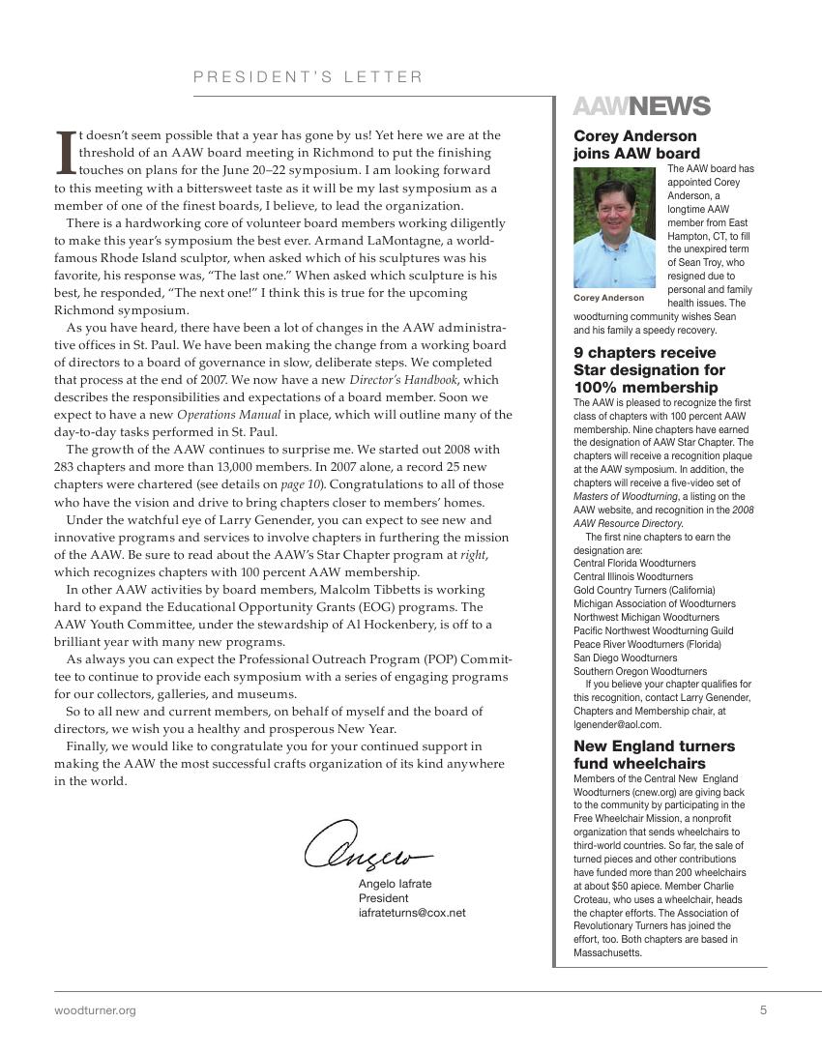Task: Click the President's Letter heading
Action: point(308,77)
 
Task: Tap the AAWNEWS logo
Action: point(641,106)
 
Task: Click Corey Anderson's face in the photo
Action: point(616,218)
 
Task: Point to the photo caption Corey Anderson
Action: point(608,298)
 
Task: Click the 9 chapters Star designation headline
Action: point(649,370)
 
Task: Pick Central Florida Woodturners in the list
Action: point(634,563)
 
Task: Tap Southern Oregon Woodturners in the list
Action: point(639,671)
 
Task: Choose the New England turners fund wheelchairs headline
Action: point(654,755)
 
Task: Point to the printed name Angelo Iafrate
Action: point(395,884)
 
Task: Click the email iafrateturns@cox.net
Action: point(412,912)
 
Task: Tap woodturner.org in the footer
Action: point(95,1010)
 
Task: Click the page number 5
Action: point(763,1010)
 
